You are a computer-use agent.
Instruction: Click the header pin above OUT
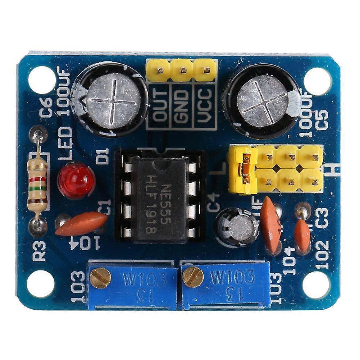click(158, 70)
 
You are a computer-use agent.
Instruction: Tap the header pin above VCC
click(205, 70)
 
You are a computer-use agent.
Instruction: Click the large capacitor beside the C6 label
click(110, 99)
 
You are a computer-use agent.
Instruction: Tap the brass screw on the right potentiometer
click(193, 277)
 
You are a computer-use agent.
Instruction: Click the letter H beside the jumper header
click(333, 168)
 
